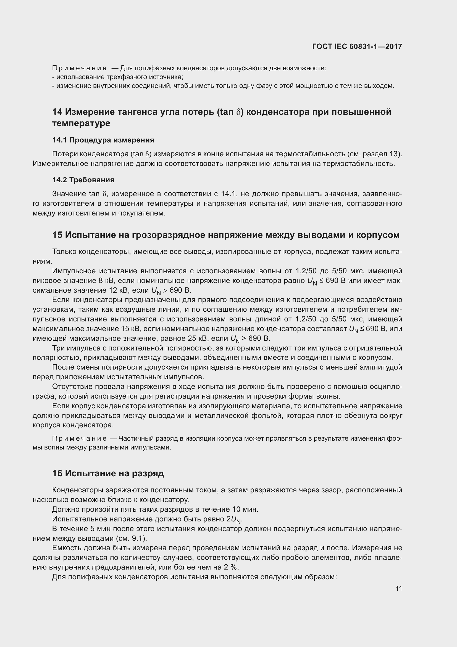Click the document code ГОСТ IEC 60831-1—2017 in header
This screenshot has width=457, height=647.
(357, 46)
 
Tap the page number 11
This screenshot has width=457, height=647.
(398, 588)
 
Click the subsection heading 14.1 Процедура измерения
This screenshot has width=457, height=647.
(103, 140)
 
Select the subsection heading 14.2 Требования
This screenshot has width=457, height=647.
(83, 180)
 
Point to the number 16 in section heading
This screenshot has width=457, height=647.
(57, 481)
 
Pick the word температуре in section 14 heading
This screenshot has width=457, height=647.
(81, 123)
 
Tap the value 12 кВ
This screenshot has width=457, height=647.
(116, 290)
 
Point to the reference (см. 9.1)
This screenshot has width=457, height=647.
(132, 539)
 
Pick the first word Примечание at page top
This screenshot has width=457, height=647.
(79, 68)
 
